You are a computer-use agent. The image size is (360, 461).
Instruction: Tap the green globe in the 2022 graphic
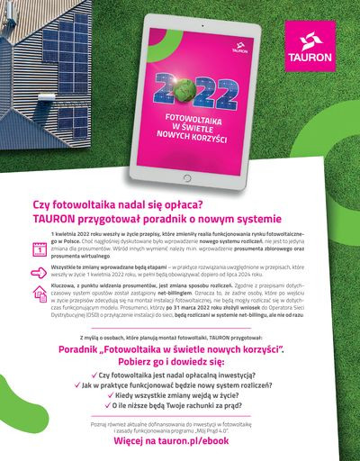pos(190,92)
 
